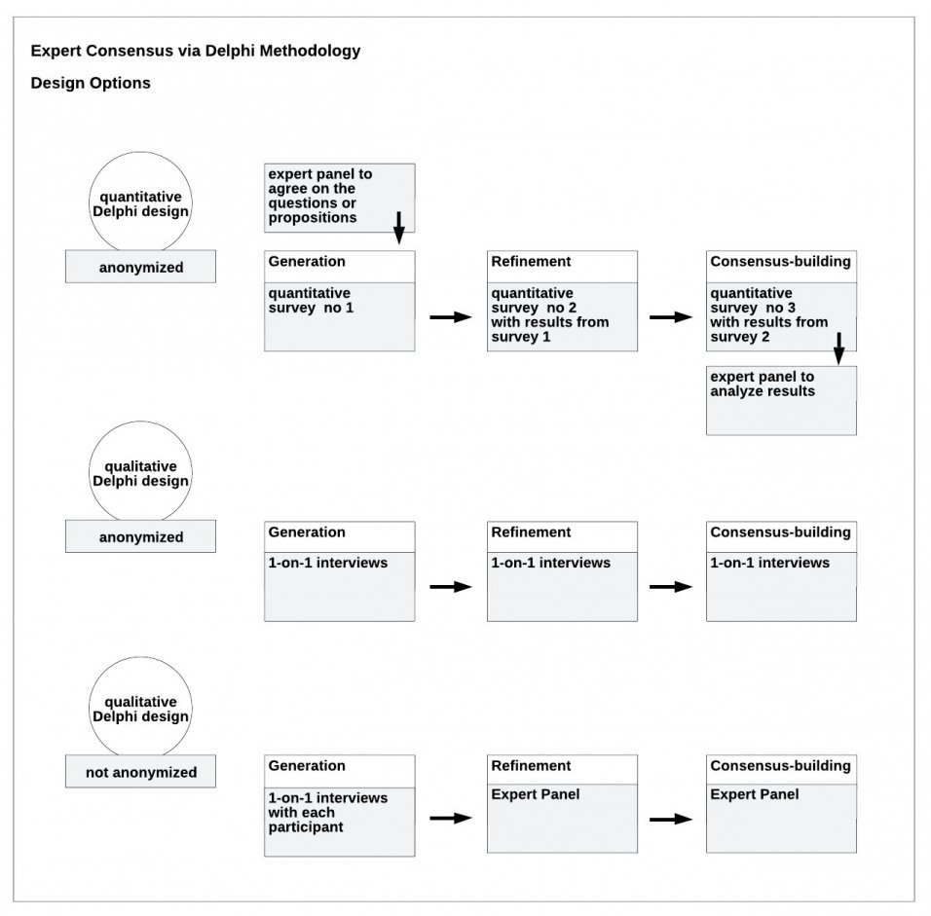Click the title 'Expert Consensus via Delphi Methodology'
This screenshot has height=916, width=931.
(x=195, y=51)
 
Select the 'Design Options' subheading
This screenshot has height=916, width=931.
(x=91, y=83)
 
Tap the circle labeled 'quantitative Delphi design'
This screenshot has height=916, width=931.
(x=140, y=203)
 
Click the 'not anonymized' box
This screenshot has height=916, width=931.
(x=140, y=772)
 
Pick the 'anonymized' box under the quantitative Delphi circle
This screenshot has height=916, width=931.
(x=140, y=267)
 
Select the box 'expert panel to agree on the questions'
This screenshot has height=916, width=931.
(x=339, y=198)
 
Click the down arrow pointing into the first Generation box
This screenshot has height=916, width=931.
(x=398, y=227)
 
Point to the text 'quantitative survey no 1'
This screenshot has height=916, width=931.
(x=310, y=300)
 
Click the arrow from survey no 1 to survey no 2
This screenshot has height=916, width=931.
(x=450, y=317)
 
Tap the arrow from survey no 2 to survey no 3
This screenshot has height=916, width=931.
(x=670, y=317)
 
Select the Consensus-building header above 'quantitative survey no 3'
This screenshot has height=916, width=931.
(x=780, y=262)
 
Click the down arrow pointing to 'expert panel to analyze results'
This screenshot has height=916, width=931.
(x=838, y=348)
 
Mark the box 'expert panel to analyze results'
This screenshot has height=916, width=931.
(x=781, y=400)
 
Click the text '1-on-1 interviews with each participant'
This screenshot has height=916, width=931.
(x=327, y=812)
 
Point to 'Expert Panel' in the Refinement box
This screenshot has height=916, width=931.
(x=535, y=794)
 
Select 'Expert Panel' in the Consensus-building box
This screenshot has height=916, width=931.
(x=754, y=794)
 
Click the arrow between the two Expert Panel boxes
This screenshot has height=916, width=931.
(x=670, y=819)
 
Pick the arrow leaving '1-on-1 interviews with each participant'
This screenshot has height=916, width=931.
(x=450, y=819)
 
